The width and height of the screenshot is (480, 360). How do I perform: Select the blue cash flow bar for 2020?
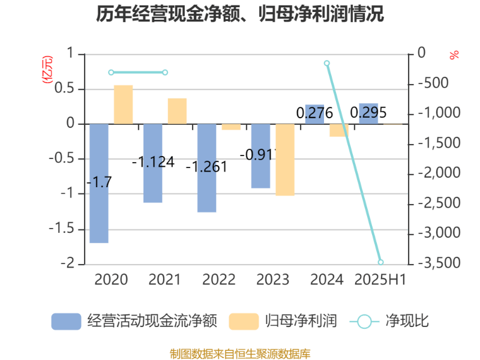tap(98, 183)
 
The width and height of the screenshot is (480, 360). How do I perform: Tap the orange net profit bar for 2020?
tap(123, 104)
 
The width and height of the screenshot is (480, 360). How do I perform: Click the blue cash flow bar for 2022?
tap(206, 168)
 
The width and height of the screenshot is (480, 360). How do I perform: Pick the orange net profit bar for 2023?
tap(285, 160)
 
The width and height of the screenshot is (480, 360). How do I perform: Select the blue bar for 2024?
tap(314, 115)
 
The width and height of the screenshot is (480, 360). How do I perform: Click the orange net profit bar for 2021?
tap(177, 111)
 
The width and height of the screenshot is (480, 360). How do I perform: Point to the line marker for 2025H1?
tap(380, 262)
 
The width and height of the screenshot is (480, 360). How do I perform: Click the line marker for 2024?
tap(327, 63)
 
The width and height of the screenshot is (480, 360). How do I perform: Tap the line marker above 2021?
tap(165, 73)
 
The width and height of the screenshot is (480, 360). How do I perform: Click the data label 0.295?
tap(368, 112)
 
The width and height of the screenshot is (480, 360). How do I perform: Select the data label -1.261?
tap(206, 167)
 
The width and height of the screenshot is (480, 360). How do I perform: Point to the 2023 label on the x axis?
tap(272, 280)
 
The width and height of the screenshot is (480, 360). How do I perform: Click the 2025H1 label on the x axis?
tap(380, 280)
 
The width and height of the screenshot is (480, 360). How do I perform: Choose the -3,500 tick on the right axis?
tap(440, 263)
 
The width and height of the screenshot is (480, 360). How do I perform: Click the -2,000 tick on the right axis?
tap(440, 173)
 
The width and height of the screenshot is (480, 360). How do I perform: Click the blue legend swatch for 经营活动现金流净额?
tap(66, 322)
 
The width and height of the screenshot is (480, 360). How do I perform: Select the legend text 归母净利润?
tap(301, 322)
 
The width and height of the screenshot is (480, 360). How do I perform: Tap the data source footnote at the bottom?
tap(240, 353)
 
